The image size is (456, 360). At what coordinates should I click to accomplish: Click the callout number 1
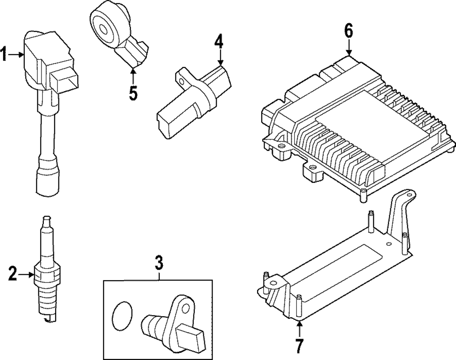(x=4, y=54)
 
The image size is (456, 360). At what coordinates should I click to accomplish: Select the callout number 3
(x=159, y=262)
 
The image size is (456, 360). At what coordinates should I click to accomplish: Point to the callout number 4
(x=219, y=41)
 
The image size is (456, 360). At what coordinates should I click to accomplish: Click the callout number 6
(x=349, y=31)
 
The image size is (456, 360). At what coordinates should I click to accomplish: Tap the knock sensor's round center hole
(x=104, y=28)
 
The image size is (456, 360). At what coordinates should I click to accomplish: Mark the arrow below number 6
(x=349, y=47)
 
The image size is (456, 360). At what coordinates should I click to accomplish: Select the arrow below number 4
(x=220, y=57)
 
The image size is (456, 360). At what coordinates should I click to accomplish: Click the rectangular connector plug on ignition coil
(x=64, y=81)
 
